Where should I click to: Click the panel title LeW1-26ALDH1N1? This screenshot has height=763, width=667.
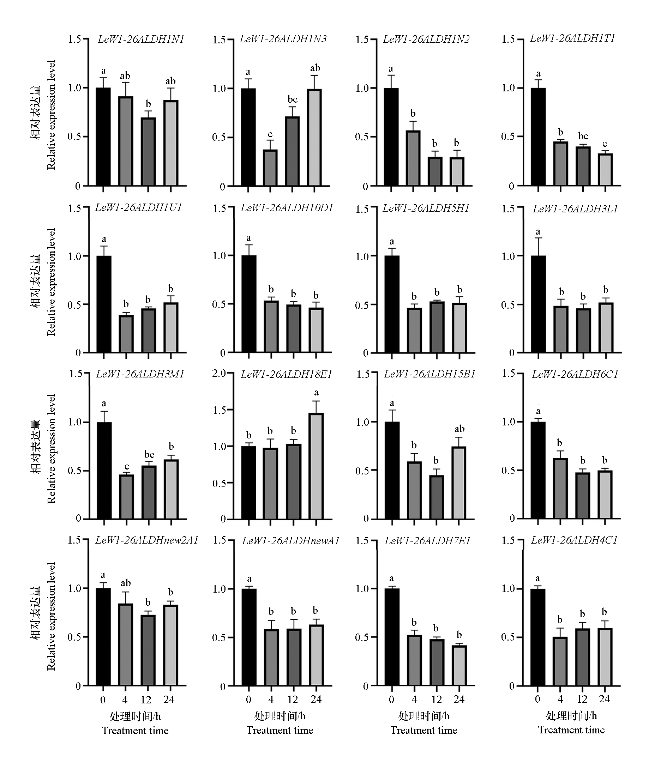[141, 40]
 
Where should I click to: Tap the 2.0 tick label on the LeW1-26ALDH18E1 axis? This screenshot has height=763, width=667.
[220, 373]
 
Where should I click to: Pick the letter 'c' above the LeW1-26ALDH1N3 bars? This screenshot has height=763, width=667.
[270, 134]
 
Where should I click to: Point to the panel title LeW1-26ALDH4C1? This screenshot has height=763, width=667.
[574, 540]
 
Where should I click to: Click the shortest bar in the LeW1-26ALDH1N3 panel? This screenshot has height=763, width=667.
[270, 168]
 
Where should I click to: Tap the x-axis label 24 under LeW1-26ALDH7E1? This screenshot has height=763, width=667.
[459, 699]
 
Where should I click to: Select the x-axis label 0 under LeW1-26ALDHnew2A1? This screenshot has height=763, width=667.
[103, 700]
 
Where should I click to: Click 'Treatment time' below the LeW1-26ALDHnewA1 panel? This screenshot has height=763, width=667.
[280, 730]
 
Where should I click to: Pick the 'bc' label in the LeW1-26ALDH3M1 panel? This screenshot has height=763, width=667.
[149, 455]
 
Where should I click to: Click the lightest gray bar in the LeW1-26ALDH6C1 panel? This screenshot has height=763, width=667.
[605, 495]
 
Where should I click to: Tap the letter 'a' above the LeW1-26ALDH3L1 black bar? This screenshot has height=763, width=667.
[538, 232]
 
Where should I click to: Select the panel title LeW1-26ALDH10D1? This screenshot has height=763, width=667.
[287, 208]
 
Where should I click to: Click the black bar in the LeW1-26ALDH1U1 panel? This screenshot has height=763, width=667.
[104, 304]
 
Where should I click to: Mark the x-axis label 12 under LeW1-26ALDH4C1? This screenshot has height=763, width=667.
[582, 699]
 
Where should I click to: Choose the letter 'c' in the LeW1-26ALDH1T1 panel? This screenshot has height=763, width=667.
[605, 144]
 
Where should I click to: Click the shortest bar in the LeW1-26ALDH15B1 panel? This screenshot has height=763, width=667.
[436, 497]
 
